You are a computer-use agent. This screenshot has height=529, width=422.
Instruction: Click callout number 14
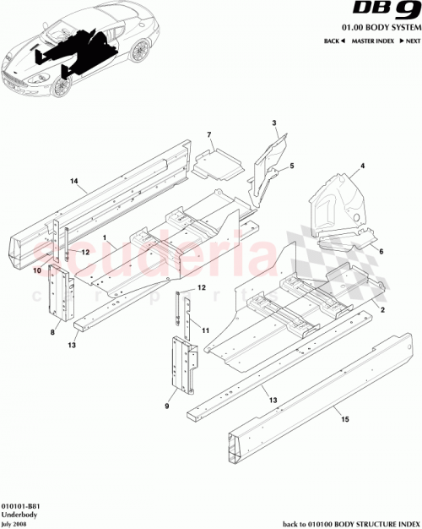point(73,182)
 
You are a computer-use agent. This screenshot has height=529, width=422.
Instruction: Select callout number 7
point(209,135)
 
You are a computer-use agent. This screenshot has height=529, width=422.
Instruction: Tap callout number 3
point(274,124)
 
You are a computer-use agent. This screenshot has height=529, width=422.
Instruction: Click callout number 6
point(381,252)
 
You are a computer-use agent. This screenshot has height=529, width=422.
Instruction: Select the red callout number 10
point(36,271)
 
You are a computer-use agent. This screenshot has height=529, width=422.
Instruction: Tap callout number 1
point(105,240)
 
